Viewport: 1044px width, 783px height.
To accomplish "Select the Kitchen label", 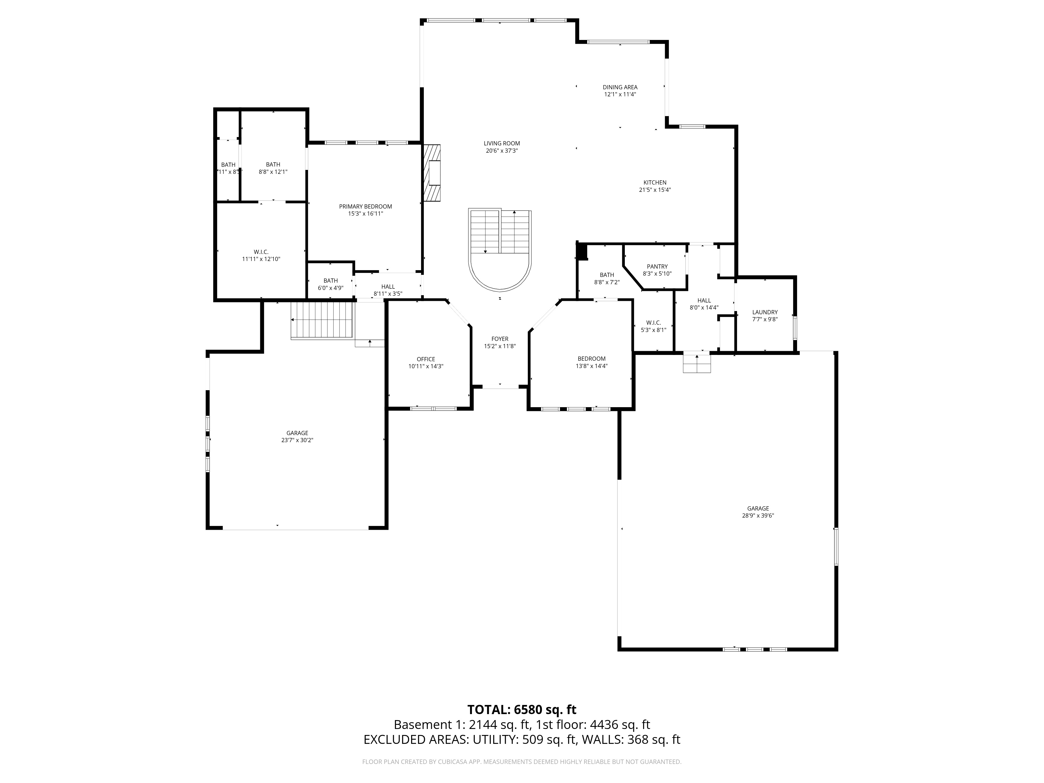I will pos(655,183).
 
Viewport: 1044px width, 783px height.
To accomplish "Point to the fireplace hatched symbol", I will pos(432,173).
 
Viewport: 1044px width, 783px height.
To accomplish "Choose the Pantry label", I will pos(657,267).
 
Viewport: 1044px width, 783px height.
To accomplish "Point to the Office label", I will pos(426,359).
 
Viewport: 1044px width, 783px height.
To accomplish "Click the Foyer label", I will pos(500,339).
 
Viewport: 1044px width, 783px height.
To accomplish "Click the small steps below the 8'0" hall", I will pos(697,363).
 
